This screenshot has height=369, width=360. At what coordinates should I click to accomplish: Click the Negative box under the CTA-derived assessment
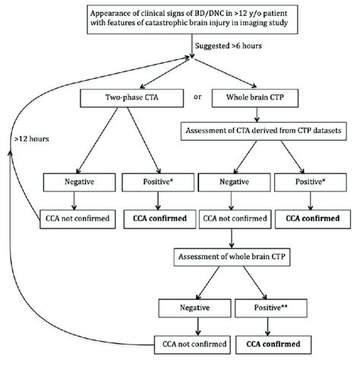click(x=229, y=184)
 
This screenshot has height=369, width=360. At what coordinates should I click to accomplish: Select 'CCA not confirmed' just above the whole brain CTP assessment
click(x=229, y=219)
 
